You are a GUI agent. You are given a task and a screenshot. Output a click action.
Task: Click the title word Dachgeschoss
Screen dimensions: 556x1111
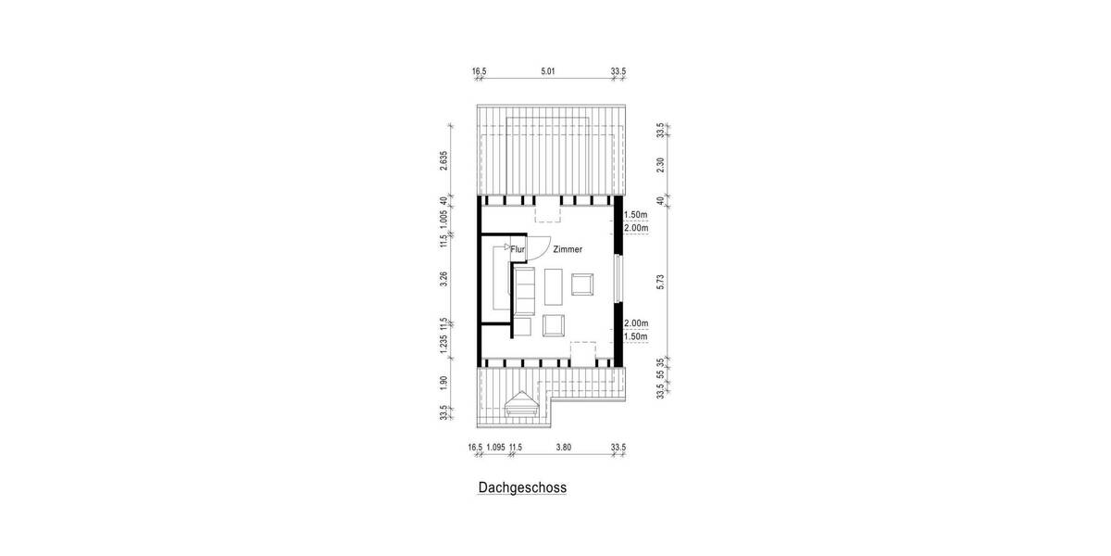[x=522, y=486]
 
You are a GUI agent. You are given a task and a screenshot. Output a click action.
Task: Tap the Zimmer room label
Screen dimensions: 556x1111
[x=568, y=250]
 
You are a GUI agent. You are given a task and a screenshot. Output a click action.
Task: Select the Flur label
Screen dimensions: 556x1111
[x=518, y=250]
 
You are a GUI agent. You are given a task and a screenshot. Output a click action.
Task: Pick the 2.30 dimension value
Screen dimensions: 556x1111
[x=660, y=163]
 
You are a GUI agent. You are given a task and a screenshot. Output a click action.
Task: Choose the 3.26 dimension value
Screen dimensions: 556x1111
[x=444, y=278]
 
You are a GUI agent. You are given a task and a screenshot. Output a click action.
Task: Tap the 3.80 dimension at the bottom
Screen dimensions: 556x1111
[x=563, y=447]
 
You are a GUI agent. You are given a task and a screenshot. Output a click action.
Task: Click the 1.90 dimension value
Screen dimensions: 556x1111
[x=444, y=381]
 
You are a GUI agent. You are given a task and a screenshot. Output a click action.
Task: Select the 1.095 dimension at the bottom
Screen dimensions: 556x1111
[x=495, y=447]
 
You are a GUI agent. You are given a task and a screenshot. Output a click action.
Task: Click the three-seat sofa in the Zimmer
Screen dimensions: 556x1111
[x=525, y=290]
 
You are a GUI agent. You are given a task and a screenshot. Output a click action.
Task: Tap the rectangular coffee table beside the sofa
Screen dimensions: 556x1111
[x=554, y=286]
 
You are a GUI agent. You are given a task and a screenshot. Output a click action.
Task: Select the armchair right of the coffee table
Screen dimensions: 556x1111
[x=583, y=284]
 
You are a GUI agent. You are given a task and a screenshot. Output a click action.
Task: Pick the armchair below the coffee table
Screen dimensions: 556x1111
[x=554, y=325]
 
